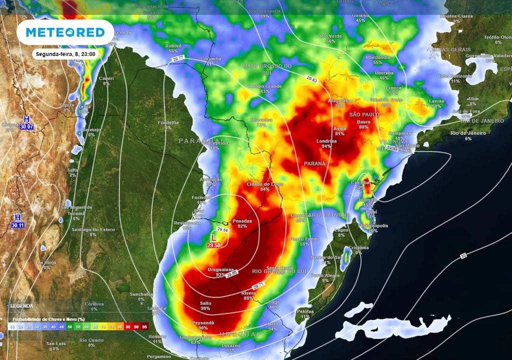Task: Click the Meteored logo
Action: click(65, 32)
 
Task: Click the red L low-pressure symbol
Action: click(214, 237)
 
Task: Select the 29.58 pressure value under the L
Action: click(214, 245)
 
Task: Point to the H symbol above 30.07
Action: click(27, 119)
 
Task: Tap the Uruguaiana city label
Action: click(219, 270)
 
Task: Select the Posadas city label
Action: click(242, 220)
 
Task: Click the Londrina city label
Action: click(326, 141)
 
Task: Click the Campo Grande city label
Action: click(264, 86)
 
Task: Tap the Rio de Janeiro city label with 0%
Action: click(468, 132)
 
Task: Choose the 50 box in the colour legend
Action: click(70, 327)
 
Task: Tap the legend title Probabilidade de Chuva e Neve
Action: click(48, 319)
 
